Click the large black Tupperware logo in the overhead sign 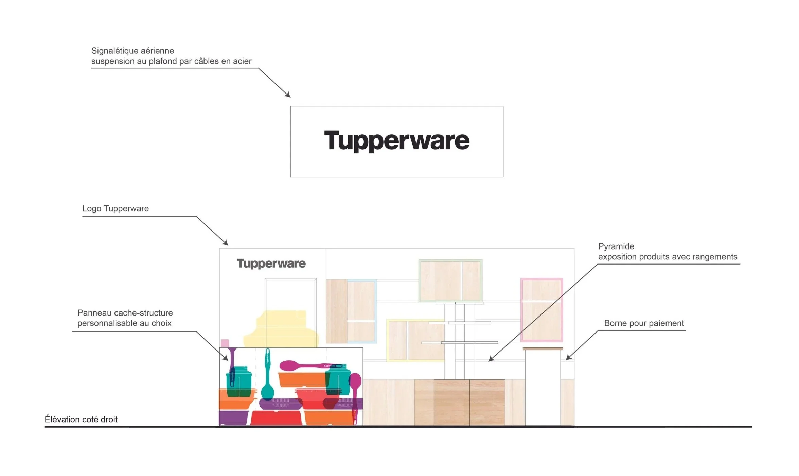pos(397,140)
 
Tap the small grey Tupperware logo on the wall pos(271,263)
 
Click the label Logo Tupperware pos(116,208)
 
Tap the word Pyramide pos(616,246)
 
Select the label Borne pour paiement pos(644,323)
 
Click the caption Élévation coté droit pos(81,419)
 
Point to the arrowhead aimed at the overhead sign pos(288,95)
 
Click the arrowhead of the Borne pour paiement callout pos(568,357)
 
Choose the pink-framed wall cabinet pos(541,310)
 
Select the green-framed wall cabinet pos(450,280)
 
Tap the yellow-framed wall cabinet pos(415,340)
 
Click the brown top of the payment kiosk pos(543,348)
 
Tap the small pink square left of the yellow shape pos(225,343)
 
